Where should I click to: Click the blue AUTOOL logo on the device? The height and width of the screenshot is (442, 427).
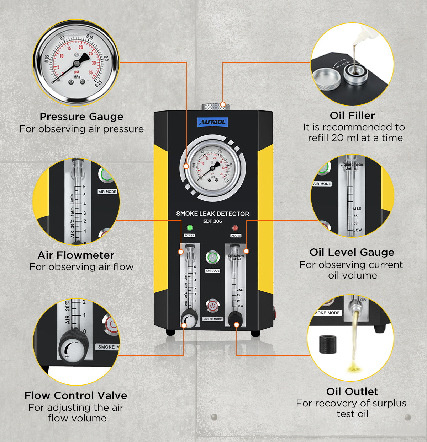pyautogui.click(x=212, y=122)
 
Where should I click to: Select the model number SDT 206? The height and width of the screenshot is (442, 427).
pyautogui.click(x=212, y=221)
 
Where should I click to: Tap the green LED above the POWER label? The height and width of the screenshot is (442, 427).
pyautogui.click(x=189, y=228)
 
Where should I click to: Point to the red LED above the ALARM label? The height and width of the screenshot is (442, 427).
pyautogui.click(x=235, y=228)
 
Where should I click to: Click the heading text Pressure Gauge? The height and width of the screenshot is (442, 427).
pyautogui.click(x=81, y=117)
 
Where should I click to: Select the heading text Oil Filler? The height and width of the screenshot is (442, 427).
pyautogui.click(x=352, y=115)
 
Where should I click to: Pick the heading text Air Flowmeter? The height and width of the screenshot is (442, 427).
pyautogui.click(x=76, y=255)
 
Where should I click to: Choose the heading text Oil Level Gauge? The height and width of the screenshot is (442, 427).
pyautogui.click(x=352, y=252)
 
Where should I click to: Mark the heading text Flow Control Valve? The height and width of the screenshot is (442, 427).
pyautogui.click(x=76, y=395)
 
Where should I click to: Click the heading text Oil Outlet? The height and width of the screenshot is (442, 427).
pyautogui.click(x=352, y=392)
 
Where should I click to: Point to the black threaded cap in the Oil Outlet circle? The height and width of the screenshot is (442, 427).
pyautogui.click(x=328, y=344)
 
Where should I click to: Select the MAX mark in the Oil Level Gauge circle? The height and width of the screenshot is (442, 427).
pyautogui.click(x=357, y=209)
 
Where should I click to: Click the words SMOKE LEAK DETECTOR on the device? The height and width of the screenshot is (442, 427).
pyautogui.click(x=212, y=214)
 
